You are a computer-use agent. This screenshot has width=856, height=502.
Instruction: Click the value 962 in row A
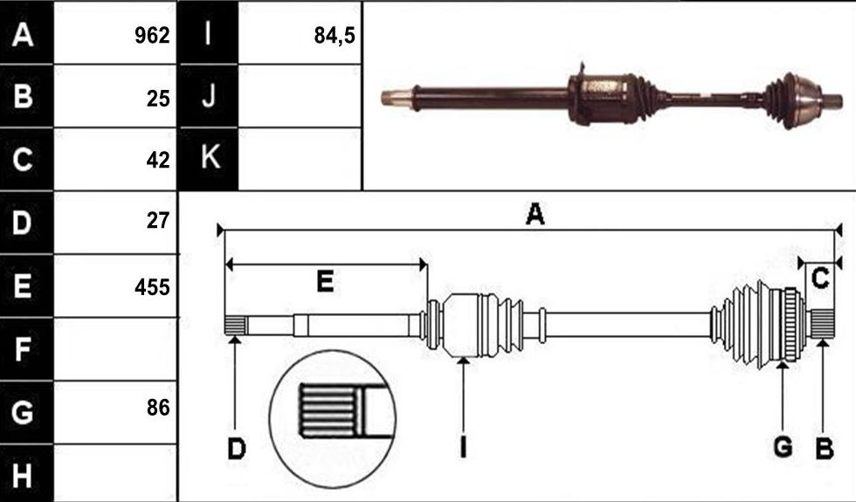pyautogui.click(x=152, y=36)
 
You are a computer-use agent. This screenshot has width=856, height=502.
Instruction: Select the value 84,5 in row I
pyautogui.click(x=335, y=36)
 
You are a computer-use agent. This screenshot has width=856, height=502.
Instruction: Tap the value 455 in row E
pyautogui.click(x=152, y=287)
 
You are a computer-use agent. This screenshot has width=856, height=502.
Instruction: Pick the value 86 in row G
pyautogui.click(x=158, y=408)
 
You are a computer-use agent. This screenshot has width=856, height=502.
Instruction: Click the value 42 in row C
pyautogui.click(x=158, y=161)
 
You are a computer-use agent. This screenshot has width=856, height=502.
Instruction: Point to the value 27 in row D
pyautogui.click(x=158, y=220)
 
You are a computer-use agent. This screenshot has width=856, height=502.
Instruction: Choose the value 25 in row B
pyautogui.click(x=158, y=98)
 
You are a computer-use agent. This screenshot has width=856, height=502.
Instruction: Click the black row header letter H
pyautogui.click(x=22, y=475)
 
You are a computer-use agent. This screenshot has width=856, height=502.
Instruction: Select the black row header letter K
pyautogui.click(x=211, y=157)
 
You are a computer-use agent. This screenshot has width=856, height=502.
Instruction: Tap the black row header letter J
pyautogui.click(x=209, y=95)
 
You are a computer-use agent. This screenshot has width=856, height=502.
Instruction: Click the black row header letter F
pyautogui.click(x=22, y=349)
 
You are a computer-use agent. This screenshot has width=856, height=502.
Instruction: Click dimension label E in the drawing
pyautogui.click(x=325, y=282)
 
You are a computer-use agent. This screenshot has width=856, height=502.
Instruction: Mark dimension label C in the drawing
pyautogui.click(x=820, y=278)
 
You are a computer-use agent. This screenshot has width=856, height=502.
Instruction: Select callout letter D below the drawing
pyautogui.click(x=237, y=449)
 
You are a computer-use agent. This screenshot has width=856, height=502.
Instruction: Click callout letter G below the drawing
pyautogui.click(x=783, y=447)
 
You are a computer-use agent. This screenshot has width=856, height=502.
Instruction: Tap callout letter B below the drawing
pyautogui.click(x=825, y=449)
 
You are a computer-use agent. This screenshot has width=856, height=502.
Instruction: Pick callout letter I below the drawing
pyautogui.click(x=463, y=447)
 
